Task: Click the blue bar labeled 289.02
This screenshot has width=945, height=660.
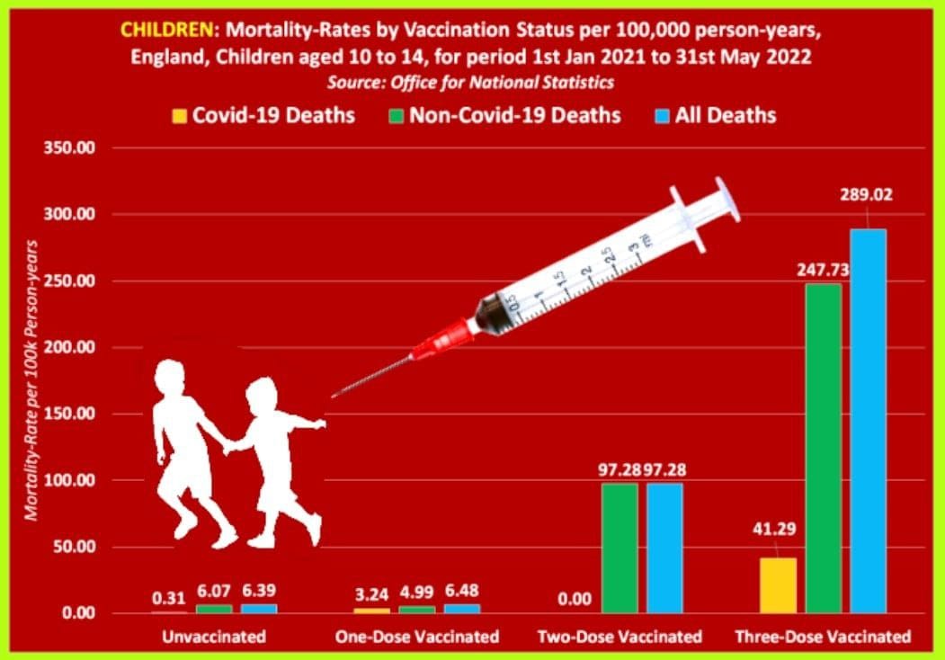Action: pyautogui.click(x=869, y=421)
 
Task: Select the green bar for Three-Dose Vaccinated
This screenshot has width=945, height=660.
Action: pyautogui.click(x=824, y=448)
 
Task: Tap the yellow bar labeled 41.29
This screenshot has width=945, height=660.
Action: pyautogui.click(x=778, y=585)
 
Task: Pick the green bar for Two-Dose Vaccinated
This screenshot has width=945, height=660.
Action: pyautogui.click(x=620, y=548)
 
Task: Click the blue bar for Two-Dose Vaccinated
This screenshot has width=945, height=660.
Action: pyautogui.click(x=664, y=548)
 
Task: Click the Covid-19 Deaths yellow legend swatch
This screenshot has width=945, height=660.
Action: pyautogui.click(x=179, y=115)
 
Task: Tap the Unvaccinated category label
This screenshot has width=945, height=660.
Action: pyautogui.click(x=214, y=637)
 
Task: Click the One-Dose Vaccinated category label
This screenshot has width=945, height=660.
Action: pyautogui.click(x=416, y=637)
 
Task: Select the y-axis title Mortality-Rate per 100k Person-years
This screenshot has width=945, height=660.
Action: pyautogui.click(x=32, y=379)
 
